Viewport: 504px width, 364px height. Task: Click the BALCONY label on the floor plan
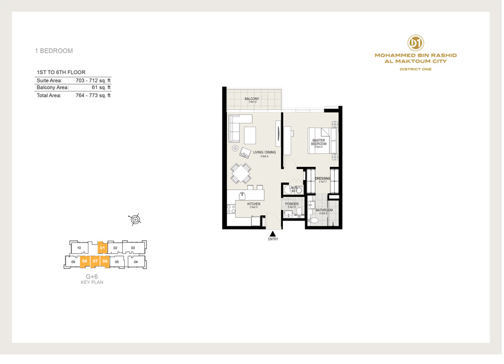tap(252, 99)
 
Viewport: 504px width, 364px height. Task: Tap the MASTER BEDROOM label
tap(319, 142)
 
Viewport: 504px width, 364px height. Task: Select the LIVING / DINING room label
tap(264, 153)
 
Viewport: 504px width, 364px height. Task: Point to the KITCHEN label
tap(254, 204)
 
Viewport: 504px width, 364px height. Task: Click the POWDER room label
tap(292, 204)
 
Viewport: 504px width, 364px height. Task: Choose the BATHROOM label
tap(324, 211)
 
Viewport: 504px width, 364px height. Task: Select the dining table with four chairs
tap(241, 173)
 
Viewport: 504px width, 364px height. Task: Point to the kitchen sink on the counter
tap(242, 195)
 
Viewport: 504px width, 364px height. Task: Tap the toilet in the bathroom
tap(314, 220)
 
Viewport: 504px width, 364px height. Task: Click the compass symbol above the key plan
tap(135, 220)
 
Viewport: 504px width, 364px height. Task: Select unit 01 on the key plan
tap(102, 248)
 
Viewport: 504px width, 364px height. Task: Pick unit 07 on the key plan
tap(95, 261)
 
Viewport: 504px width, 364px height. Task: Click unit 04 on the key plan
tap(136, 261)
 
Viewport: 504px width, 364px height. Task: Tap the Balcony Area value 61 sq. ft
tap(101, 87)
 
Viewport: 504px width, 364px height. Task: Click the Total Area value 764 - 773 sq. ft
tap(93, 96)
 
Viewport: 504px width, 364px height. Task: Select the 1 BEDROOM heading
tap(54, 51)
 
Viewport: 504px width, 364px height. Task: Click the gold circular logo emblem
tap(416, 43)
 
